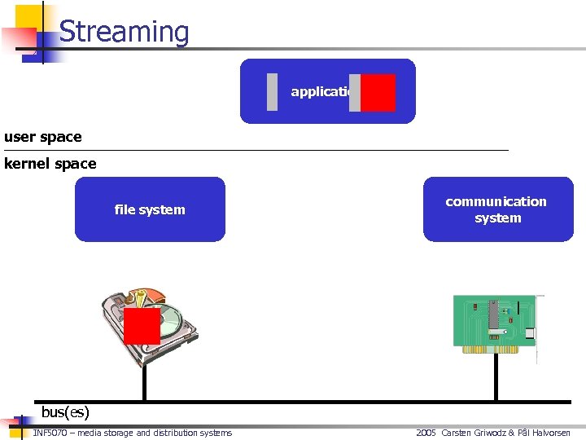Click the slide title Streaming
[x=124, y=32]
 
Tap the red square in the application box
[x=378, y=92]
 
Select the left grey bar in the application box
[x=272, y=92]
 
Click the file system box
[x=150, y=209]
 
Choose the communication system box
[x=497, y=209]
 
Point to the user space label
[x=43, y=137]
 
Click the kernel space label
[x=50, y=164]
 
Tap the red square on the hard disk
[x=142, y=326]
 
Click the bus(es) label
[x=65, y=412]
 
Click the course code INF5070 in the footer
[x=50, y=433]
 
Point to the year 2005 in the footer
[x=426, y=433]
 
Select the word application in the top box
[x=321, y=91]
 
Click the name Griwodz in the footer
[x=489, y=433]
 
